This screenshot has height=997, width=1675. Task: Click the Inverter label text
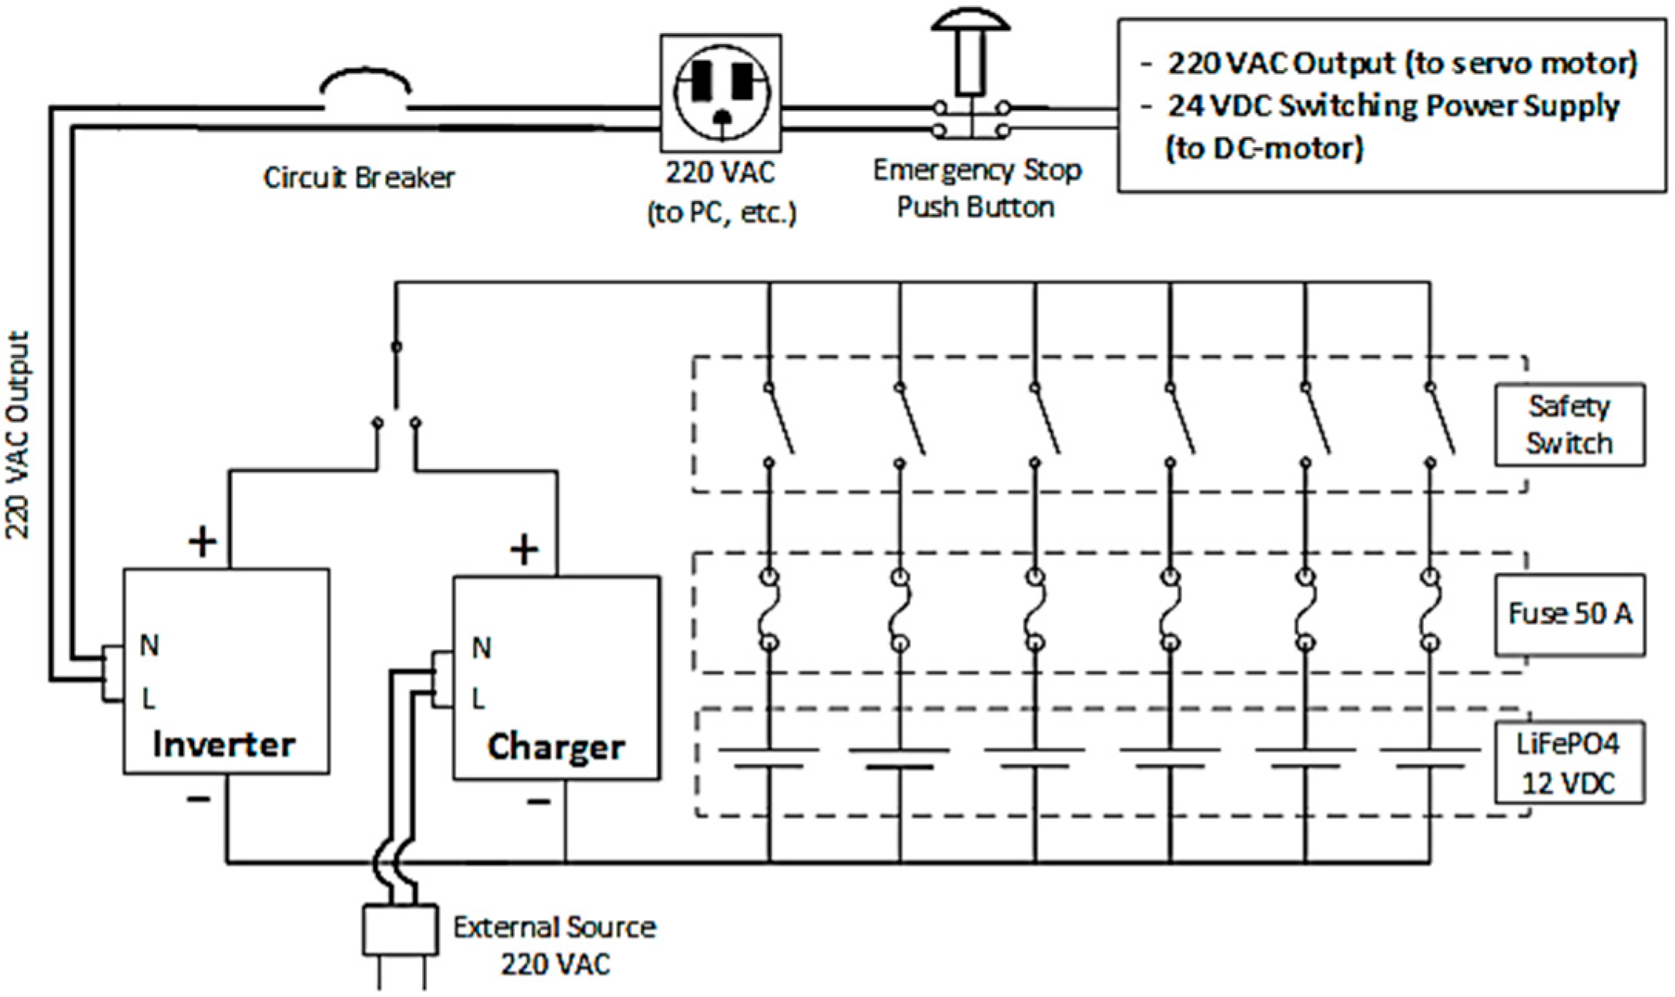(x=223, y=744)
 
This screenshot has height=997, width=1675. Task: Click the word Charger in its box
(x=555, y=747)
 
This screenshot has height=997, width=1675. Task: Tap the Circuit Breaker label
(x=359, y=178)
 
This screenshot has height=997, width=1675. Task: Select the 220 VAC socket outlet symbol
(x=721, y=92)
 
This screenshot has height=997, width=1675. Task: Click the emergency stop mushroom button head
(x=970, y=18)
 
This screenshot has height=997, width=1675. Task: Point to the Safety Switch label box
(x=1569, y=425)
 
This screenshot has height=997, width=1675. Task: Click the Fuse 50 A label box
(x=1569, y=614)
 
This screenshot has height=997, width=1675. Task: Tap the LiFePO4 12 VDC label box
(x=1569, y=763)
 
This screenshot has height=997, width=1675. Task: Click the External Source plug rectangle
(x=400, y=930)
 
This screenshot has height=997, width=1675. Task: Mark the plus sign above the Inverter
(x=203, y=542)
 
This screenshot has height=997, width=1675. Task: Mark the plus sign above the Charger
(x=524, y=550)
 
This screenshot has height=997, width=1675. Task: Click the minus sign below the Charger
(x=538, y=802)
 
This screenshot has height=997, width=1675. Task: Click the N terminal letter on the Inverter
(x=149, y=645)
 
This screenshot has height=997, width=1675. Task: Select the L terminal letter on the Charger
(x=478, y=699)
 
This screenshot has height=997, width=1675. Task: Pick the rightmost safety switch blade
(x=1442, y=420)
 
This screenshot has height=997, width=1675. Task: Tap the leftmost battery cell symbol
(x=769, y=758)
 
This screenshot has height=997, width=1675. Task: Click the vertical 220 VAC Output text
(x=18, y=435)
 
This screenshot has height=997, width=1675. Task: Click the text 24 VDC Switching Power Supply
(x=1392, y=106)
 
